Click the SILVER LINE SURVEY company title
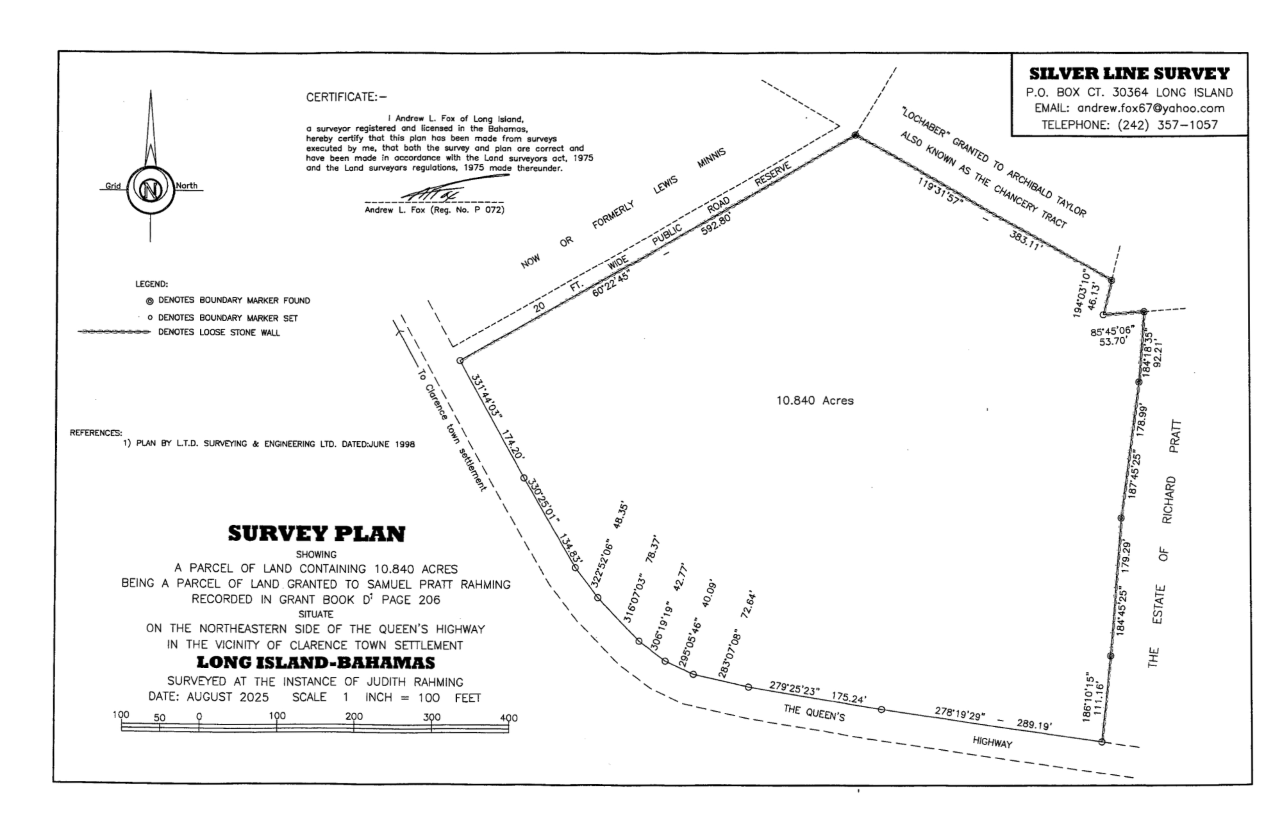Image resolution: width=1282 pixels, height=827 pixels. pos(1129,74)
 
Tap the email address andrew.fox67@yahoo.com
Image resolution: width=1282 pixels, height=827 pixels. pos(1151,108)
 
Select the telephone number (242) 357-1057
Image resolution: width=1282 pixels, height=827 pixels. pos(1167,125)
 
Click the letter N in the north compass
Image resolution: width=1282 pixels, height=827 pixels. pos(151,190)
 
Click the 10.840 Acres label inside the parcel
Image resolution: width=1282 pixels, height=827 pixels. pos(815,401)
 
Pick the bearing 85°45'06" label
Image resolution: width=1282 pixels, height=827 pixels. pos(1112,331)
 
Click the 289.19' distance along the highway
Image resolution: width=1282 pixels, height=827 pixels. pos(1034,725)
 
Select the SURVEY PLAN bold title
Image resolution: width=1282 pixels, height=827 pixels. pos(316,534)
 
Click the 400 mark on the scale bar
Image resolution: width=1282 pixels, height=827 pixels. pos(509,718)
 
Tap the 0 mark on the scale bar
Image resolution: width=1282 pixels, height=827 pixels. pos(199,717)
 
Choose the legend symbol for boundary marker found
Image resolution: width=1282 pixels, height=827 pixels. pos(149,301)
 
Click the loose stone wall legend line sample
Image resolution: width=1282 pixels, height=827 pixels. pos(113,333)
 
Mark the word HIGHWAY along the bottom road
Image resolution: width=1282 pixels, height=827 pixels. pos(992,742)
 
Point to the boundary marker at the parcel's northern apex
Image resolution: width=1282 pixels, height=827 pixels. pos(854,135)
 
